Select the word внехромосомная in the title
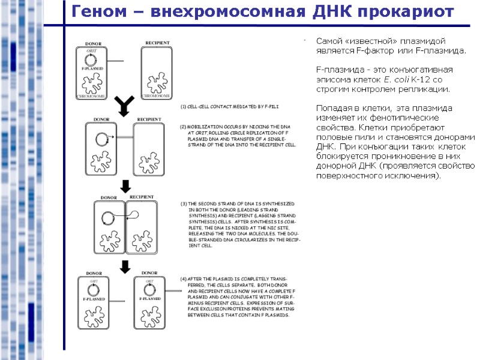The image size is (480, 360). tap(229, 11)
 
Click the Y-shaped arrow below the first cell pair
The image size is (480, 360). tap(124, 106)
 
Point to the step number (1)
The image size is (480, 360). tap(184, 106)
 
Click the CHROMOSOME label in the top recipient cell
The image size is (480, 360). tap(156, 96)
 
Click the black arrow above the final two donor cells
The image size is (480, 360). tap(125, 266)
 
